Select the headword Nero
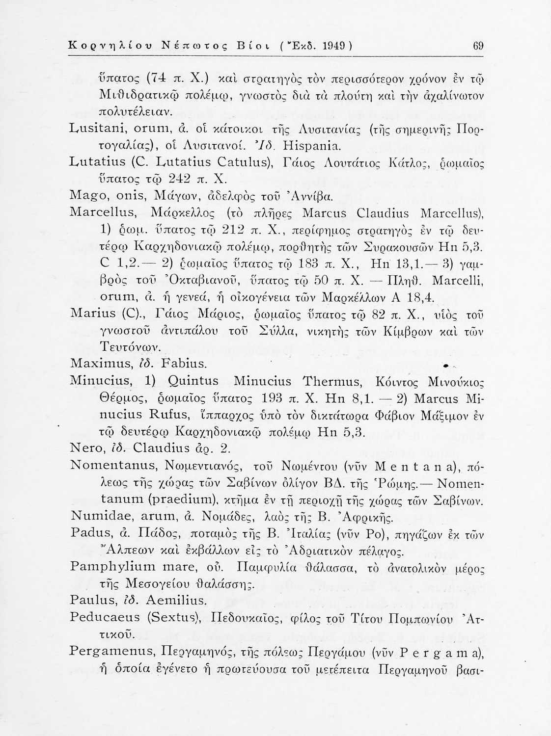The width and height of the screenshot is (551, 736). coord(86,448)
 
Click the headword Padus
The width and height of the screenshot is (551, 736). coord(86,532)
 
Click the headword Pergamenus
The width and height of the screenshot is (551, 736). coord(107,651)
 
